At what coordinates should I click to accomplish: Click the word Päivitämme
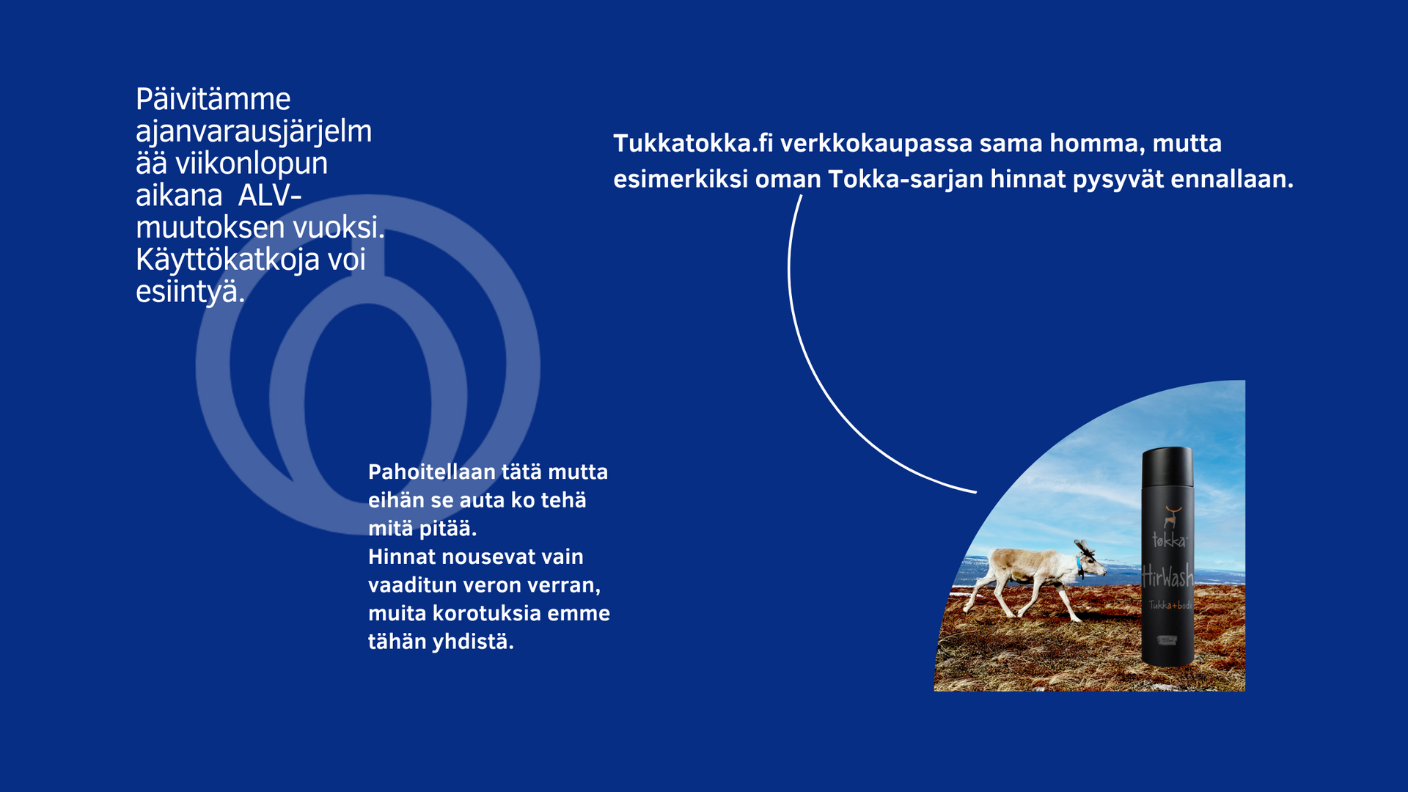213,100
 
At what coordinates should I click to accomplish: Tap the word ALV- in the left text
270,196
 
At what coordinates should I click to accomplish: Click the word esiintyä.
190,292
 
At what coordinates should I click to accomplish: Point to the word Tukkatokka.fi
693,143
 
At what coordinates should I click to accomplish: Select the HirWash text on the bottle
1167,577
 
